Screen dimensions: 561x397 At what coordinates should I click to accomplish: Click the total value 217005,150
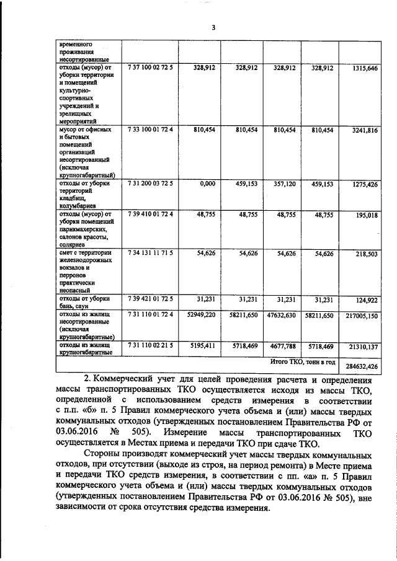click(362, 316)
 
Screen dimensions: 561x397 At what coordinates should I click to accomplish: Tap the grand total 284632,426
click(362, 366)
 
